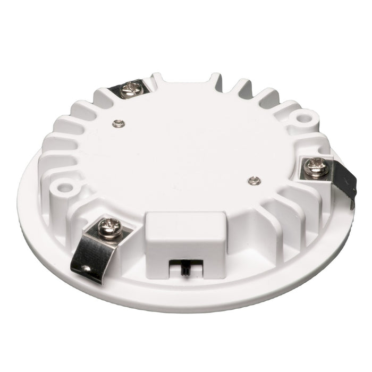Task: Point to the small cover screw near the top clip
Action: click(120, 123)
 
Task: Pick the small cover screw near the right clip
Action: click(254, 181)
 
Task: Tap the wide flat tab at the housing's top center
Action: click(186, 80)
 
